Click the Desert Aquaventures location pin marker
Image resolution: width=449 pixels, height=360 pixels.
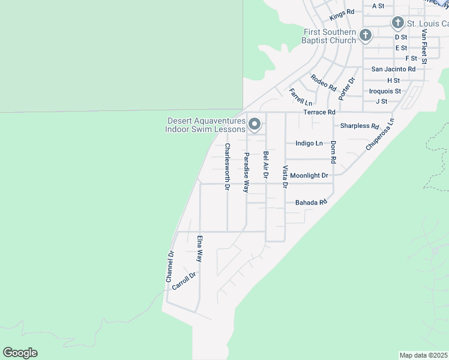pyautogui.click(x=255, y=125)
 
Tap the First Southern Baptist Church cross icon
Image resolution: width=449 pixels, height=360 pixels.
pyautogui.click(x=365, y=36)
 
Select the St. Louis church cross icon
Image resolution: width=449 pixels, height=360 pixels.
pyautogui.click(x=397, y=23)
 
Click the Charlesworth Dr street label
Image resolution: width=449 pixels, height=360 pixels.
pyautogui.click(x=227, y=167)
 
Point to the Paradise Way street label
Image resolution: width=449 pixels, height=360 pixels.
pyautogui.click(x=246, y=172)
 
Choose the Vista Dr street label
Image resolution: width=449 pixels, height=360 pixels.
pyautogui.click(x=285, y=177)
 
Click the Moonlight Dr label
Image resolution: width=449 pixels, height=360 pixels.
pyautogui.click(x=309, y=176)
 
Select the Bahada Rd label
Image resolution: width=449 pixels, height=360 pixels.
pyautogui.click(x=311, y=203)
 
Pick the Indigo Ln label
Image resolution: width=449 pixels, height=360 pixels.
pyautogui.click(x=309, y=143)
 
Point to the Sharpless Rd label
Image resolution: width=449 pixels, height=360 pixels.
pyautogui.click(x=360, y=127)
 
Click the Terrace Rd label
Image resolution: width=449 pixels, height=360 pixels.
pyautogui.click(x=319, y=112)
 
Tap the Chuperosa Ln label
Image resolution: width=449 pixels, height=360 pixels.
pyautogui.click(x=380, y=134)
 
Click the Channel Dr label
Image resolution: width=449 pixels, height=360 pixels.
pyautogui.click(x=170, y=267)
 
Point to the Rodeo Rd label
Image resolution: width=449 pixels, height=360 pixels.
pyautogui.click(x=324, y=82)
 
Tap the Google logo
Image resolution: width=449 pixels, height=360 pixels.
pyautogui.click(x=20, y=353)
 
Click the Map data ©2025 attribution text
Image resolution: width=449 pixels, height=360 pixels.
pyautogui.click(x=424, y=355)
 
